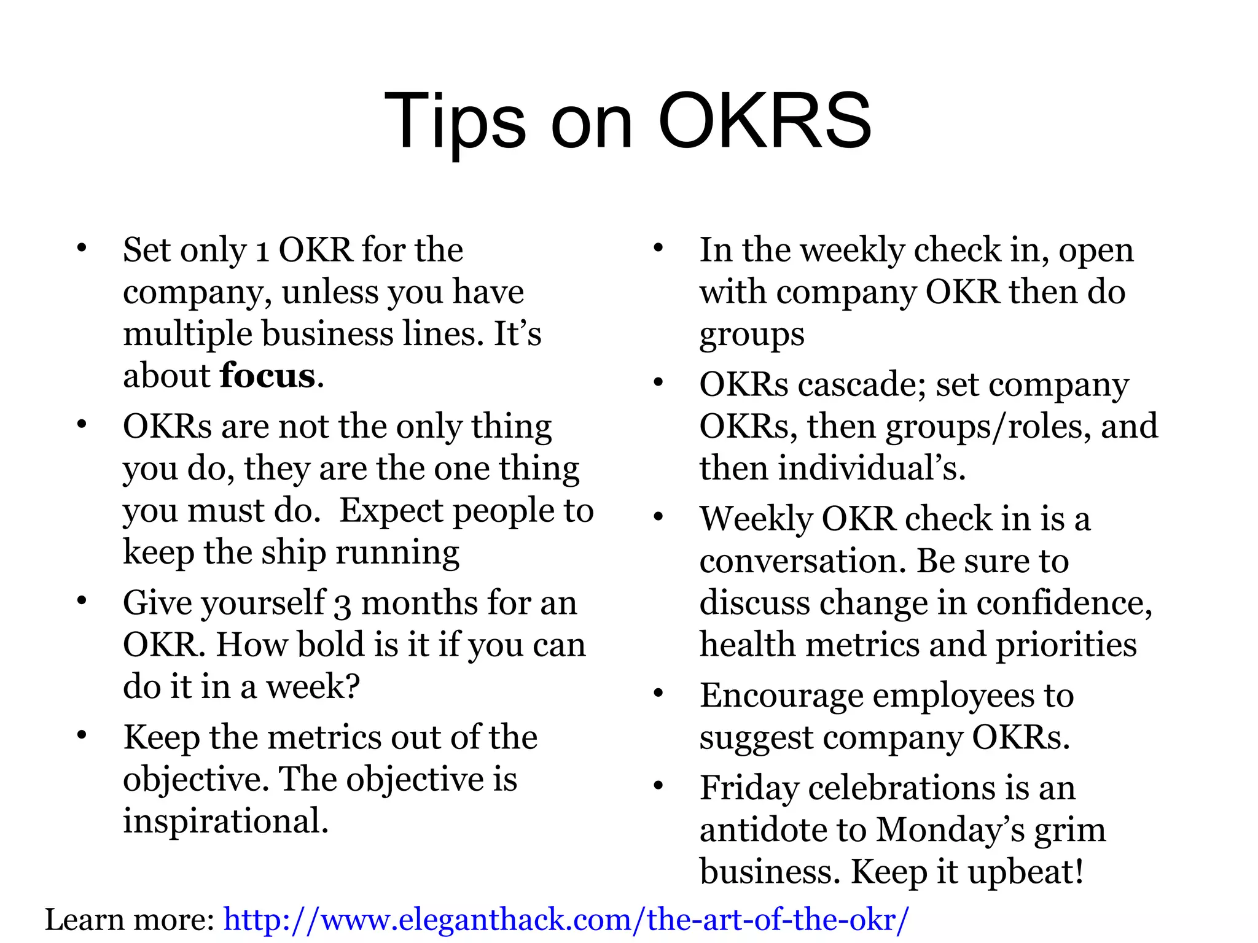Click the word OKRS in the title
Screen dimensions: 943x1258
[x=764, y=121]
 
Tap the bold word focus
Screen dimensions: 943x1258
[x=268, y=376]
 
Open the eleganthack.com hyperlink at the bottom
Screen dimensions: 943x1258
[x=565, y=919]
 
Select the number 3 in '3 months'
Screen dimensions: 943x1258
[x=342, y=604]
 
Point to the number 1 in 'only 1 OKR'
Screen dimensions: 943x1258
[x=262, y=250]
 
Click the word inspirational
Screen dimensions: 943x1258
[x=225, y=821]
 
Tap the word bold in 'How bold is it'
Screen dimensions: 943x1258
[x=327, y=645]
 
